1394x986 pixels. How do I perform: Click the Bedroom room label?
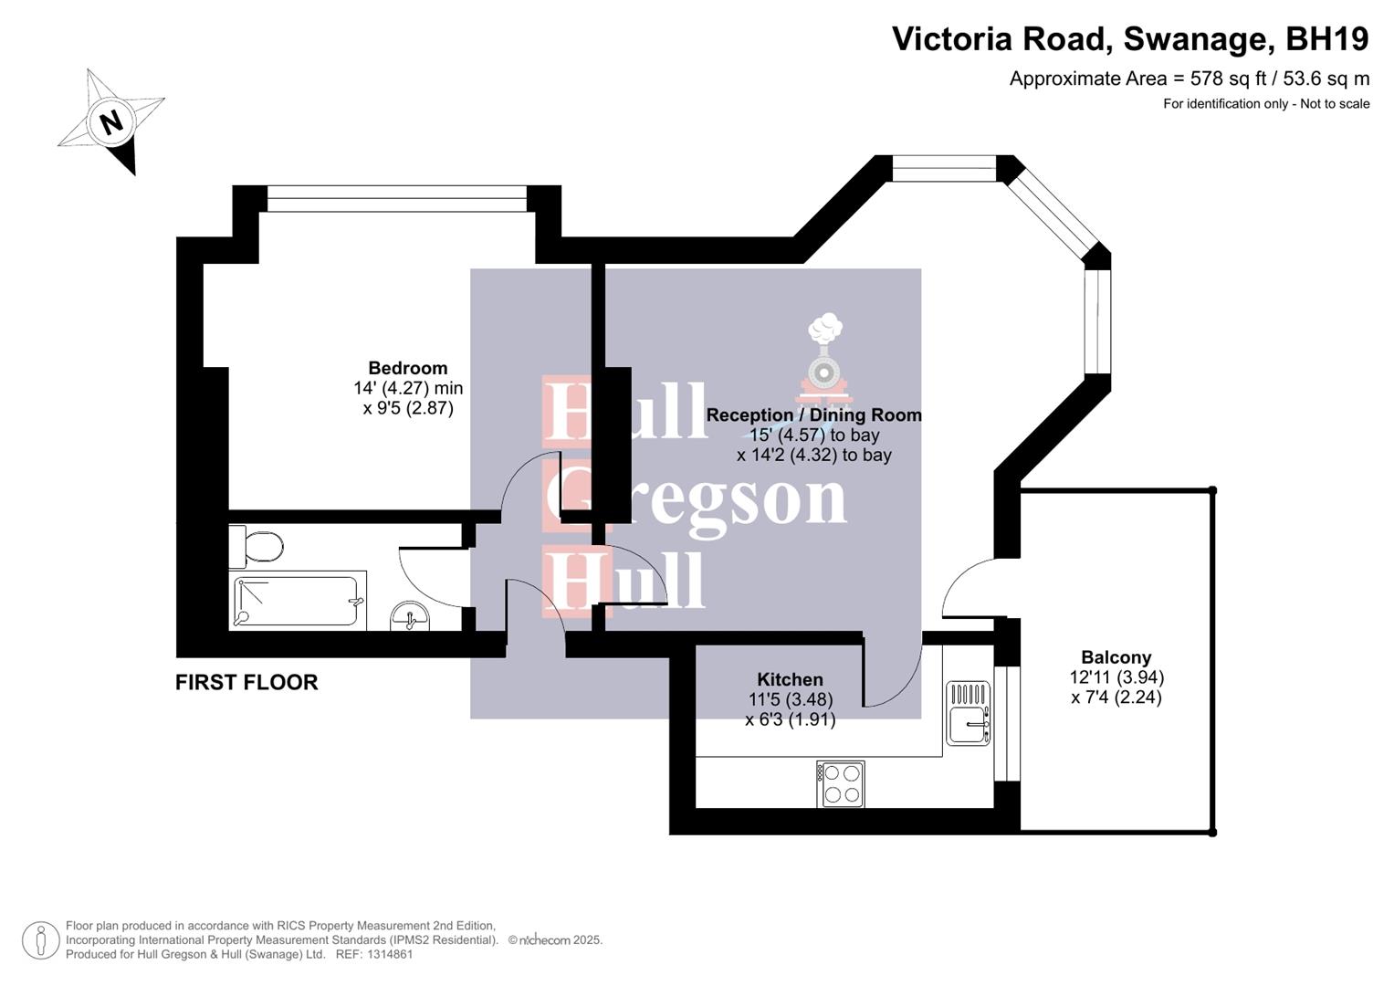coord(407,368)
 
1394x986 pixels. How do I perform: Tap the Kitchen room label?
coord(790,679)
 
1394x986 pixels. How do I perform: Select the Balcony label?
coord(1116,657)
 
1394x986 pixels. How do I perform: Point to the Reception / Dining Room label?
coord(813,414)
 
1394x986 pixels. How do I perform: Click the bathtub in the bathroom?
coord(296,601)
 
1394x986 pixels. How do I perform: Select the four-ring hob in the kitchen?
coord(841,784)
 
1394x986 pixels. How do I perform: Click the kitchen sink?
coord(967,713)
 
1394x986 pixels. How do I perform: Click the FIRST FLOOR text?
coord(246,682)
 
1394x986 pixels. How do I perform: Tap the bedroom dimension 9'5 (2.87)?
coord(408,408)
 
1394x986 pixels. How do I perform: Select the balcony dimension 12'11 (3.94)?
coord(1116,677)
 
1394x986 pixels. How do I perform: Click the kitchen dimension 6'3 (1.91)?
coord(790,719)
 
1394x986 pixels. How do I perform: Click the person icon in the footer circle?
coord(41,940)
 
